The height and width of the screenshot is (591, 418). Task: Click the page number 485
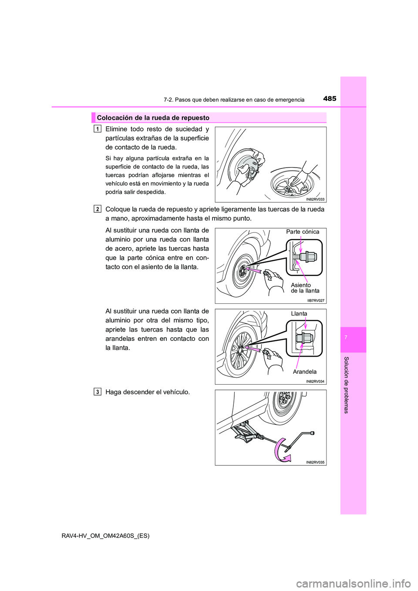pos(330,99)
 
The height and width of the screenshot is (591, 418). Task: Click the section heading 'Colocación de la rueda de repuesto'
pos(153,118)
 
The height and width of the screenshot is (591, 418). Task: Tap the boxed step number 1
pos(98,129)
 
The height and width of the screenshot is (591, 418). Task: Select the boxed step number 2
pos(98,209)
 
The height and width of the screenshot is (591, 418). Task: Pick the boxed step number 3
pos(98,392)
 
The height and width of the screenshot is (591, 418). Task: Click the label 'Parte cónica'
pos(302,232)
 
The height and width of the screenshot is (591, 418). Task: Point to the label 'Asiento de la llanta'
pos(305,288)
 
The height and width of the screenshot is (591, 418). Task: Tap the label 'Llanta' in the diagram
pos(299,314)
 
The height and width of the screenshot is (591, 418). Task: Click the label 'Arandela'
pos(304,372)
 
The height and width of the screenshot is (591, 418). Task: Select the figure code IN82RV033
pos(315,199)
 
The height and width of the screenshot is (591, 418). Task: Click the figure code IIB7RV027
pos(316,301)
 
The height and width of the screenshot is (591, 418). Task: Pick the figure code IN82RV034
pos(315,381)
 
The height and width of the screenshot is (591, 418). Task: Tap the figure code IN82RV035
pos(315,462)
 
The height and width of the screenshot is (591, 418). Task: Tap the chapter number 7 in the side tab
pos(353,338)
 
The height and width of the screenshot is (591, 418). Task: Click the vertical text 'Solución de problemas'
pos(347,385)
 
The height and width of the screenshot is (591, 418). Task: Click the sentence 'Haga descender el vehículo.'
pos(148,392)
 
